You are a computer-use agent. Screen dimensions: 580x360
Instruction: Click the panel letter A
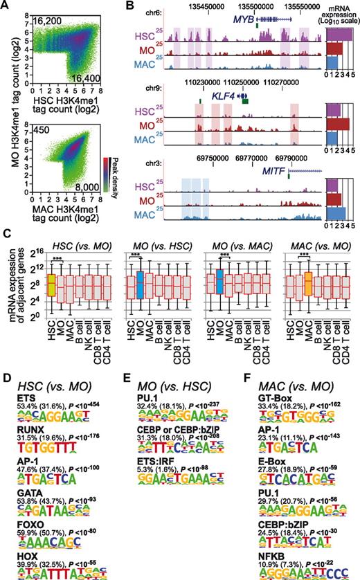pyautogui.click(x=6, y=6)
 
